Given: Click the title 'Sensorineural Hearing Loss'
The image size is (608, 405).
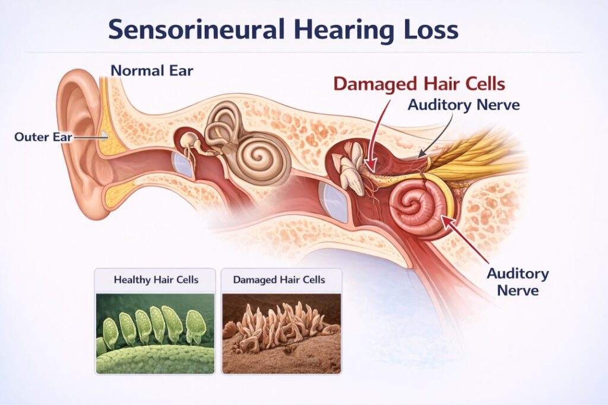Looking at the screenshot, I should click(x=283, y=29).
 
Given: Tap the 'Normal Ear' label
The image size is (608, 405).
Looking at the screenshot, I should click(x=152, y=70).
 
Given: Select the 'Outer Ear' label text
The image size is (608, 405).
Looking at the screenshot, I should click(x=42, y=137).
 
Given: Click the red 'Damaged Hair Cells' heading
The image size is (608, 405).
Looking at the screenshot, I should click(x=419, y=83).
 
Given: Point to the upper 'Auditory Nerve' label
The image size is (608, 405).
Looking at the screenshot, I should click(x=464, y=105).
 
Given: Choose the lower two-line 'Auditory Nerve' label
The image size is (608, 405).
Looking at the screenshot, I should click(x=518, y=282).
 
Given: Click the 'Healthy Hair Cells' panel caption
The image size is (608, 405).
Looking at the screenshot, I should click(x=156, y=279).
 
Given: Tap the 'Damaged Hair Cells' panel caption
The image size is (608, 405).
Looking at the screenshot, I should click(x=280, y=279).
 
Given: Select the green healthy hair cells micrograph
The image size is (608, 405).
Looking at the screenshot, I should click(x=156, y=333).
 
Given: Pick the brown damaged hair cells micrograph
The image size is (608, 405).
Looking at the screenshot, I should click(x=281, y=333).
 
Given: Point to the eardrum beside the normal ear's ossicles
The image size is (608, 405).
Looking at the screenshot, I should click(x=183, y=164).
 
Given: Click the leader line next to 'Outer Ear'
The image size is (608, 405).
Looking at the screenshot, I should click(x=89, y=137).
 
